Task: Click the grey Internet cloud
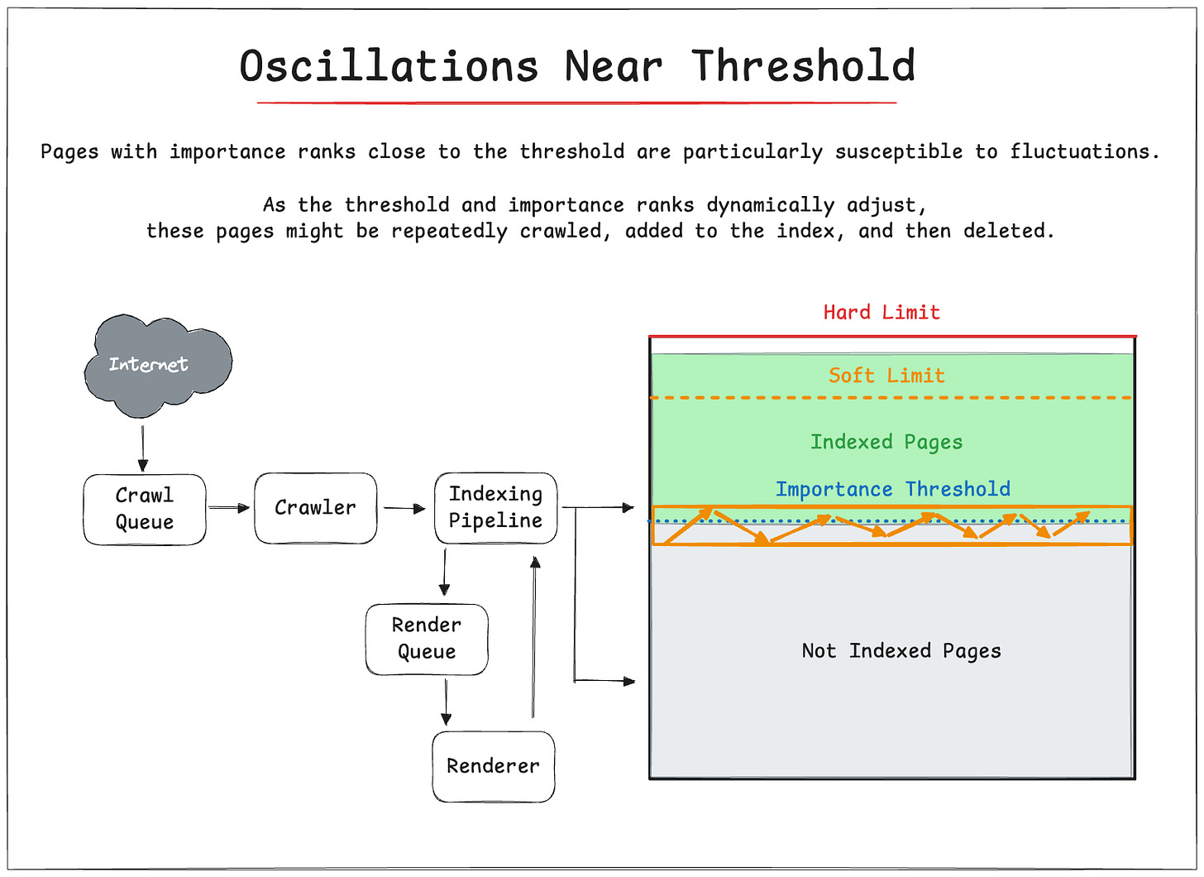point(157,365)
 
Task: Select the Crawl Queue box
point(145,509)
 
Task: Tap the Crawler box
point(315,508)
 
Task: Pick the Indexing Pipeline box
point(495,507)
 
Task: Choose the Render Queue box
point(427,639)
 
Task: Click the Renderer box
point(493,766)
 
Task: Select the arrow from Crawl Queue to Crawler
point(228,508)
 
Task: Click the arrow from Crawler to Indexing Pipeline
point(404,509)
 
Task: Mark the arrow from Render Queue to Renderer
point(447,702)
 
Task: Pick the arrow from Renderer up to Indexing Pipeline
point(534,637)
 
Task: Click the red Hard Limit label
point(881,313)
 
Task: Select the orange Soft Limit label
point(886,376)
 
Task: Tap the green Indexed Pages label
point(886,442)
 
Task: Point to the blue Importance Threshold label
point(892,489)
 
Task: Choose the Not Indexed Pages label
point(901,651)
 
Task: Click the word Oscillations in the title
point(389,66)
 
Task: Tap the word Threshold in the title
point(804,66)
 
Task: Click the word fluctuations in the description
point(1084,152)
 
